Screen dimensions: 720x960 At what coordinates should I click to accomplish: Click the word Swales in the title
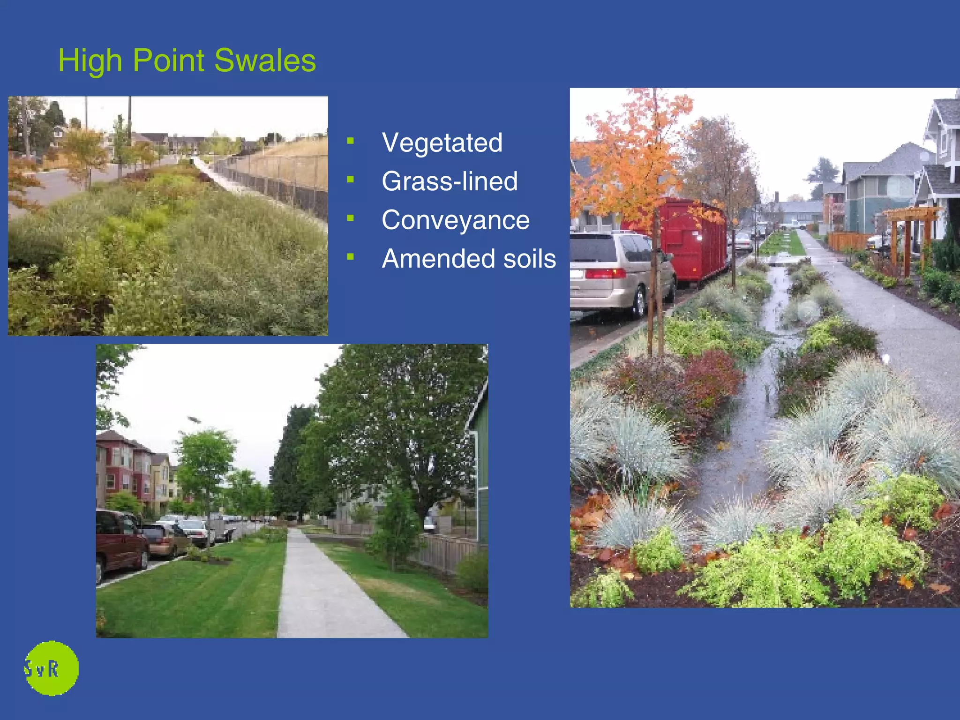click(265, 61)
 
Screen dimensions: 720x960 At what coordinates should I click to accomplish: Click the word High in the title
click(90, 61)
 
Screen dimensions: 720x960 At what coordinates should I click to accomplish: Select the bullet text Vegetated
click(442, 142)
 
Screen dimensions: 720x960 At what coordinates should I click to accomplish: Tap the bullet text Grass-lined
click(449, 181)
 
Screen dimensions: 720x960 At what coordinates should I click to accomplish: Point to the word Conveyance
click(455, 220)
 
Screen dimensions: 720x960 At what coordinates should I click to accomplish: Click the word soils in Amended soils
click(529, 259)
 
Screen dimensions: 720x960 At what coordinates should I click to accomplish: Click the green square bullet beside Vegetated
click(350, 140)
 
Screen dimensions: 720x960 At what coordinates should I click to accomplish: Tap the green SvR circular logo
click(51, 668)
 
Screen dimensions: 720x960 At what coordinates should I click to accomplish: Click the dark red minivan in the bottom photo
click(120, 544)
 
